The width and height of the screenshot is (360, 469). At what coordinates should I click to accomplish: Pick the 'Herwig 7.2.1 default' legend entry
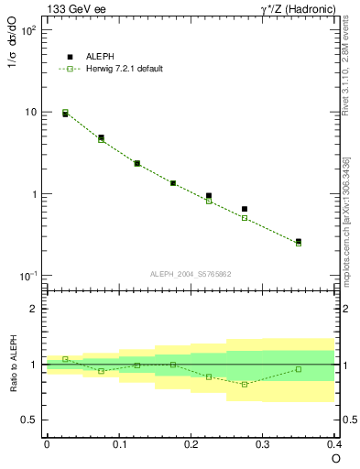pos(123,69)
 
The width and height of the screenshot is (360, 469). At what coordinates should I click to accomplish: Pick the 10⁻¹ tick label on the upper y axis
pos(28,277)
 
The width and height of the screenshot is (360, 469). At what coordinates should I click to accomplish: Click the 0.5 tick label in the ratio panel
pos(30,420)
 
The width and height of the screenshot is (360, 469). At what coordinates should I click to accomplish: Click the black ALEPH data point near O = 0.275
pos(245,209)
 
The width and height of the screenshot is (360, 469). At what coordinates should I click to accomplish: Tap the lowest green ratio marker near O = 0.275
pos(245,384)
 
